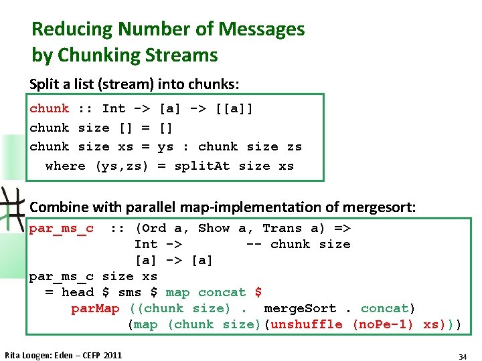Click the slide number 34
point(463,357)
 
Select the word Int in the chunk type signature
point(114,108)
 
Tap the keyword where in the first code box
point(65,166)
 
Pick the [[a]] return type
point(234,108)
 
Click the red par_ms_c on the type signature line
point(61,229)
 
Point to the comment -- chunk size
point(298,245)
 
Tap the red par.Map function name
point(95,309)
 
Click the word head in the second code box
point(78,293)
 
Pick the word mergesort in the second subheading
point(384,208)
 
